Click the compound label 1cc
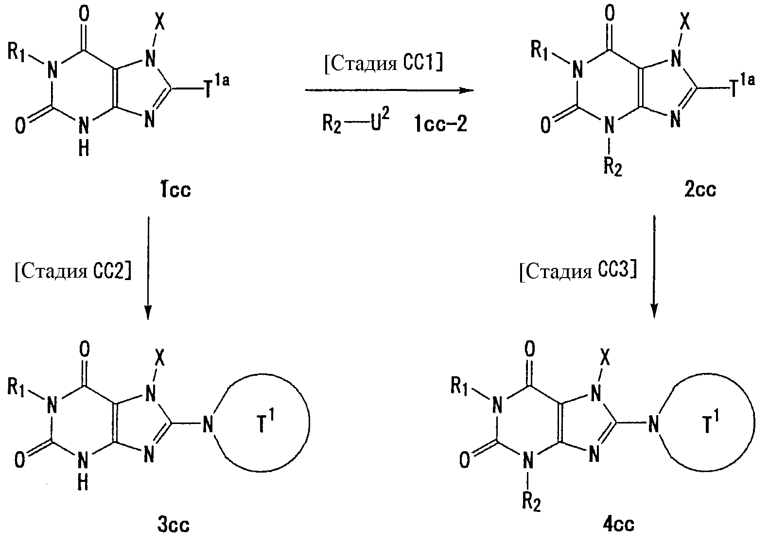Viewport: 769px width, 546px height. click(x=176, y=189)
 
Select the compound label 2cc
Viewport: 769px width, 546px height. click(x=700, y=189)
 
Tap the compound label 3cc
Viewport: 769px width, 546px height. click(x=174, y=525)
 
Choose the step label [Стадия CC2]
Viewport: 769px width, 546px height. click(x=73, y=271)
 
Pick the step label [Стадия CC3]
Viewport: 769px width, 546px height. click(x=578, y=271)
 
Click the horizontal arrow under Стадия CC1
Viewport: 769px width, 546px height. click(x=389, y=90)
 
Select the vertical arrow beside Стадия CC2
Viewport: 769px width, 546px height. click(x=148, y=268)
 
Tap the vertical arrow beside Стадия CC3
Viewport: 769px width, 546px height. click(x=654, y=267)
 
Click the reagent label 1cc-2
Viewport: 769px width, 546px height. click(x=441, y=124)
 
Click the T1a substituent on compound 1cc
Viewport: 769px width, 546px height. click(x=217, y=86)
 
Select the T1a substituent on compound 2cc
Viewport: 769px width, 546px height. click(x=742, y=86)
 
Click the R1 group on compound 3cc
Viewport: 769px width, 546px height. click(x=16, y=388)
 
